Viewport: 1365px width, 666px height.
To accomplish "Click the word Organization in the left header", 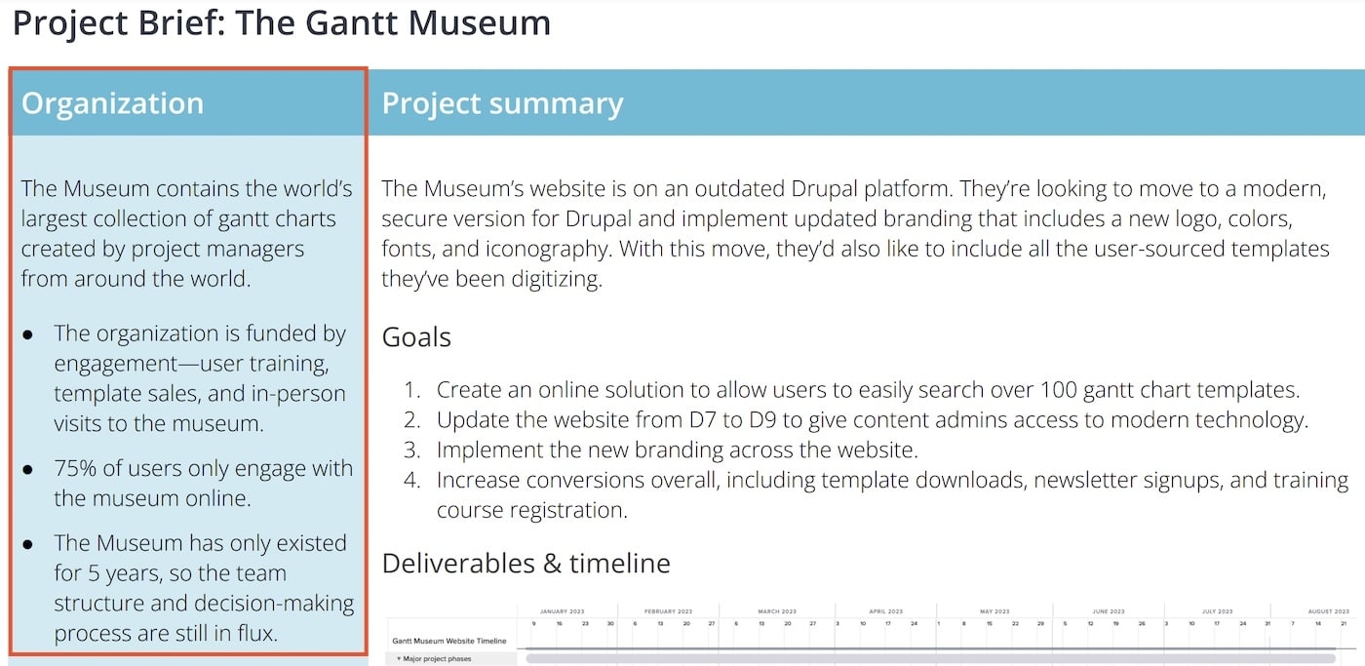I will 112,103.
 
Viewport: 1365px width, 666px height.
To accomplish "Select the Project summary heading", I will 502,103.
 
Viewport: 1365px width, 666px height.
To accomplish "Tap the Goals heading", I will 416,337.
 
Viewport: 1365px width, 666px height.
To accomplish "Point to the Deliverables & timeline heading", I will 526,564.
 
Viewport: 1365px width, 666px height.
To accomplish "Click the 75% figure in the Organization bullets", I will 75,468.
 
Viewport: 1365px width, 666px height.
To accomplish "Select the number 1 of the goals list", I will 411,390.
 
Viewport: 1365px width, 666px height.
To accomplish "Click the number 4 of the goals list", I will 411,480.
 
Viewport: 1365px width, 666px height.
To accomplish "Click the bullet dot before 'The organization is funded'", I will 29,334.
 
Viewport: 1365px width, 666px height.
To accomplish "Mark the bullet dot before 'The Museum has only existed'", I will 29,543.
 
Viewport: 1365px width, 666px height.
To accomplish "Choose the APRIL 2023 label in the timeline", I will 885,611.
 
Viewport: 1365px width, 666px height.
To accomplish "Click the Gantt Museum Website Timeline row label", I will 449,641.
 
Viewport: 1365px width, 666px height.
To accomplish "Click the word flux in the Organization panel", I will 254,633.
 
